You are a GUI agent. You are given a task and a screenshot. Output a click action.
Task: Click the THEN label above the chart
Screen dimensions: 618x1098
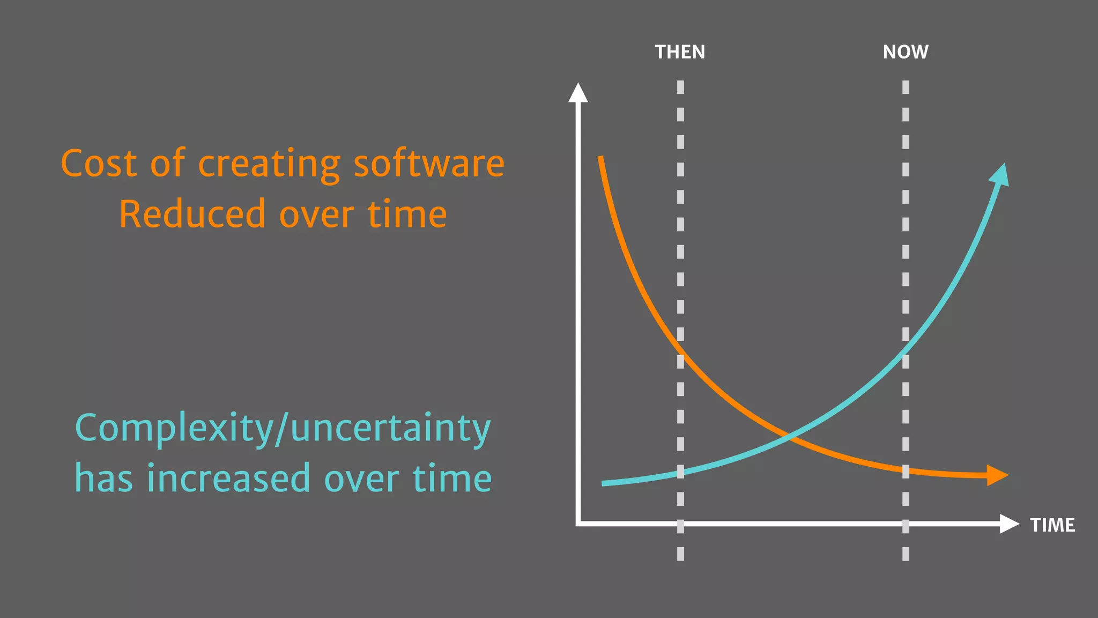pyautogui.click(x=680, y=52)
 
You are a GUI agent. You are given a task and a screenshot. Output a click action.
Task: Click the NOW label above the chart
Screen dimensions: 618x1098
pyautogui.click(x=906, y=52)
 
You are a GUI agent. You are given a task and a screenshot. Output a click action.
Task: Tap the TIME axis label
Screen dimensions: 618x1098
pyautogui.click(x=1052, y=525)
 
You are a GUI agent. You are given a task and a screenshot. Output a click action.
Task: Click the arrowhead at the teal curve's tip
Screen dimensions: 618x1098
pyautogui.click(x=1000, y=175)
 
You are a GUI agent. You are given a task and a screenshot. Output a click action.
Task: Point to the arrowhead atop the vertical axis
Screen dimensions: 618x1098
pyautogui.click(x=578, y=92)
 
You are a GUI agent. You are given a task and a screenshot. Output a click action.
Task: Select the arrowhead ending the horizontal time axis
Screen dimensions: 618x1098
pyautogui.click(x=1009, y=524)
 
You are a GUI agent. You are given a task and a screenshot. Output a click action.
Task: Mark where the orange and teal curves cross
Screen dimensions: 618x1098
pyautogui.click(x=789, y=437)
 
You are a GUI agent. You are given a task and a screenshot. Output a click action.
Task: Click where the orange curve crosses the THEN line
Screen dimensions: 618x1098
pyautogui.click(x=680, y=352)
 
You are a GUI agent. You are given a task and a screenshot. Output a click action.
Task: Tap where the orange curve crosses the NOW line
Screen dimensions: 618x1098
pyautogui.click(x=906, y=471)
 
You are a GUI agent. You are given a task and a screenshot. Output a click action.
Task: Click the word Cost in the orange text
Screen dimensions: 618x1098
pyautogui.click(x=99, y=163)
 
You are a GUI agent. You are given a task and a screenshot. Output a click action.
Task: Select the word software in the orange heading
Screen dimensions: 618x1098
pyautogui.click(x=429, y=163)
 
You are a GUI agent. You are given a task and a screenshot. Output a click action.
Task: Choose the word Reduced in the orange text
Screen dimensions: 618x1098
pyautogui.click(x=192, y=214)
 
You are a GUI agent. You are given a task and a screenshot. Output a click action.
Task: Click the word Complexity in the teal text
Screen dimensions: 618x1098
pyautogui.click(x=174, y=428)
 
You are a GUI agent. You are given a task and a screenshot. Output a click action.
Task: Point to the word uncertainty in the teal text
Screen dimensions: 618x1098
pyautogui.click(x=390, y=428)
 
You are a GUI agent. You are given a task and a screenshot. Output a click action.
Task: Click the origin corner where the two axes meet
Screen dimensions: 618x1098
pyautogui.click(x=578, y=524)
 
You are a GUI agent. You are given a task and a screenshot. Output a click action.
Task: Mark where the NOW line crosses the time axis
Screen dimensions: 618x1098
pyautogui.click(x=906, y=524)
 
